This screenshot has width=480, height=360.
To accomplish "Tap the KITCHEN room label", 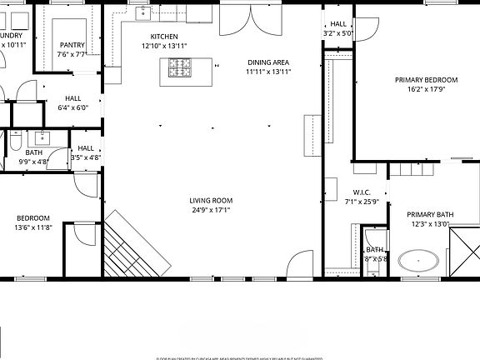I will coord(163,37).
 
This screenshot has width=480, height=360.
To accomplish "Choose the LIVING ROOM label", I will coord(210,201).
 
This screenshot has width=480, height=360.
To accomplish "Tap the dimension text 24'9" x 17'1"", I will coord(210,211).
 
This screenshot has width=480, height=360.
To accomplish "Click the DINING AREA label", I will coord(268,62).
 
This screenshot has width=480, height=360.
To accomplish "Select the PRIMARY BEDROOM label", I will coord(422,81).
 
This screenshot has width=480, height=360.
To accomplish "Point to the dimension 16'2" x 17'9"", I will coord(422,90).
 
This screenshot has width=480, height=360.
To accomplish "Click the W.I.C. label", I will coord(361,192).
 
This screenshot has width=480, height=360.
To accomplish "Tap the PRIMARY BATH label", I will coord(430,214).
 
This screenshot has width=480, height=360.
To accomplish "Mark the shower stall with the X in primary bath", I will coord(464,250).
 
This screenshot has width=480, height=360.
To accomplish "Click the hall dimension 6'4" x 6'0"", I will coord(73,107).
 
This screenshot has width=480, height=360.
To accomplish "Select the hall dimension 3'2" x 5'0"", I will coord(338,34).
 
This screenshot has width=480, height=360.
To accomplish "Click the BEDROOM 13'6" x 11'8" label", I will coord(33,218).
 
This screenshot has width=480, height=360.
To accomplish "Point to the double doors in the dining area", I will coord(246,22).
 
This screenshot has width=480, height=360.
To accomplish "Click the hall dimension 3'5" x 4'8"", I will coord(86,157).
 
